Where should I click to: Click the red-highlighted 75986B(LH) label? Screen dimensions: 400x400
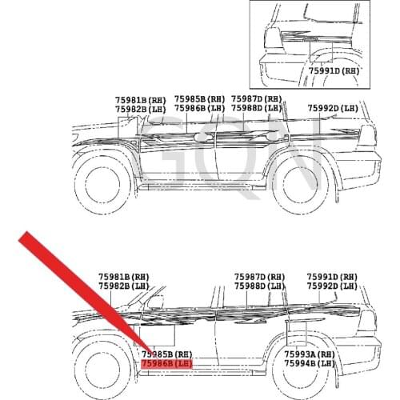point(166,363)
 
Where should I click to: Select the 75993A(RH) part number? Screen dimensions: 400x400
point(310,354)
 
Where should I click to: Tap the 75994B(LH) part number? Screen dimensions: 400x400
point(310,363)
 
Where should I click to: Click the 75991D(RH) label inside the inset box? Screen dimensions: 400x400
point(334,70)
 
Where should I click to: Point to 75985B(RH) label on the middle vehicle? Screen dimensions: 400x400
point(200,99)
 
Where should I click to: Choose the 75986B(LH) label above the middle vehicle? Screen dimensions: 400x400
point(200,108)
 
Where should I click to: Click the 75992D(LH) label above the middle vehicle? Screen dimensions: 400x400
point(333,108)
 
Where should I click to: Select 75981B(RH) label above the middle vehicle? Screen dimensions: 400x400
point(141,100)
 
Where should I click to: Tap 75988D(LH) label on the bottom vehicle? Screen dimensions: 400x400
point(259,286)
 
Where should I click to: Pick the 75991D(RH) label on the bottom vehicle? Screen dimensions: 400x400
point(332,277)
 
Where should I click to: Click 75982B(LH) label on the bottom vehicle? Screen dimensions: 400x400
point(124,286)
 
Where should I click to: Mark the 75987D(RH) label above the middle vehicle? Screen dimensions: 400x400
point(257,99)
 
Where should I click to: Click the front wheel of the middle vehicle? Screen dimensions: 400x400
point(102,184)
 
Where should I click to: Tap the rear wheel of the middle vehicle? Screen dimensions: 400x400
point(301,185)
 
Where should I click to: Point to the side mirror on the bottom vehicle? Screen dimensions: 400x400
point(155,302)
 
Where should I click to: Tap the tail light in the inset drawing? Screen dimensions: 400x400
point(273,39)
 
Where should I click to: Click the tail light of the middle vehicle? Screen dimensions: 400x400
point(367,135)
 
